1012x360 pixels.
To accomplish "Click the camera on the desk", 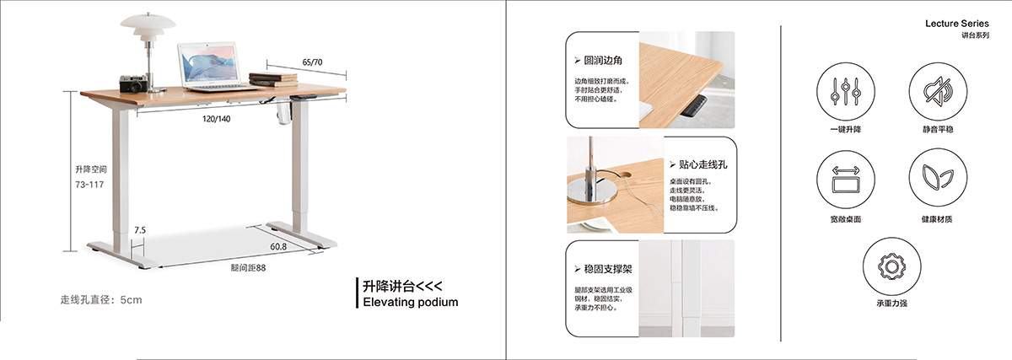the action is pos(134,84).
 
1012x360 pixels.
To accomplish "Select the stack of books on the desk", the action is pos(273,79).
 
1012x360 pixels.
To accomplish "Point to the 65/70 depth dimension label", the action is pos(312,62).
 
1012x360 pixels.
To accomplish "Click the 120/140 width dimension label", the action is pos(216,119).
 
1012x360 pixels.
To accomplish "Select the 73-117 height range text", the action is pos(89,185).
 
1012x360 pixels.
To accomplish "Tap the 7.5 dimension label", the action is pos(140,230).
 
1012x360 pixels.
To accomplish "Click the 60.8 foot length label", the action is pos(278,247).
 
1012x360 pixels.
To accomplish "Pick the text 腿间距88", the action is pos(248,267).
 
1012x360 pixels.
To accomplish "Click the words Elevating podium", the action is pos(410,302).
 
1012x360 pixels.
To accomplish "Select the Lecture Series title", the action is pos(957,24).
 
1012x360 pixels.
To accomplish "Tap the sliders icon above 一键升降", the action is pos(845,92).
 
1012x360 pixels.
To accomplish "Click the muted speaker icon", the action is pos(938,91).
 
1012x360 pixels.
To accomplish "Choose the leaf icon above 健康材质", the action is pos(938,178).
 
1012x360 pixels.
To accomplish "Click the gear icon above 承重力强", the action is pos(891,266).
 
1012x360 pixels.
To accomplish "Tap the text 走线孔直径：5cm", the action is pos(101,300).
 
